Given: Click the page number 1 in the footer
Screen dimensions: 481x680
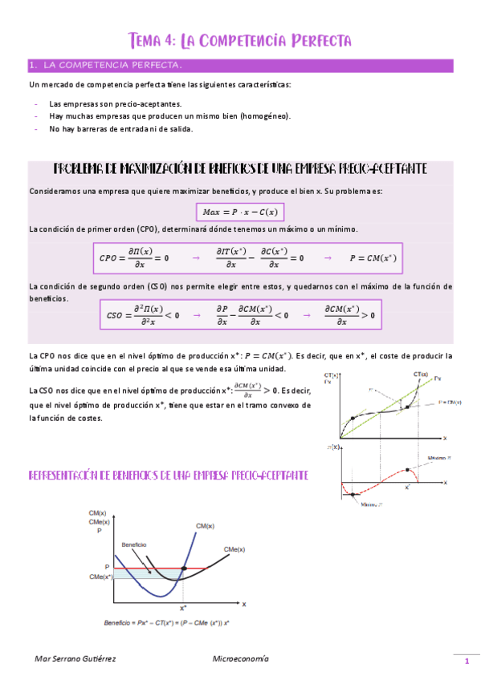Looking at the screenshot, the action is (x=465, y=661).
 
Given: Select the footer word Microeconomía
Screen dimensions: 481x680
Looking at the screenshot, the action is (x=240, y=658).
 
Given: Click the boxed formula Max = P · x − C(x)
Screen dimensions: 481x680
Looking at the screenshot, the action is (x=240, y=212).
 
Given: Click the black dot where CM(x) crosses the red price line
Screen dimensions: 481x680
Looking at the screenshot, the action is (x=184, y=569).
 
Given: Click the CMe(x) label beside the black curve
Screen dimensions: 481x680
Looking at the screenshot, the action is (x=234, y=548).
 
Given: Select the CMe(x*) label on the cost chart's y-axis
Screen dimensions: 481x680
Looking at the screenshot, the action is (x=100, y=577).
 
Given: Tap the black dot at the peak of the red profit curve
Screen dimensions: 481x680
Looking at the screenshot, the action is (x=410, y=469).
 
